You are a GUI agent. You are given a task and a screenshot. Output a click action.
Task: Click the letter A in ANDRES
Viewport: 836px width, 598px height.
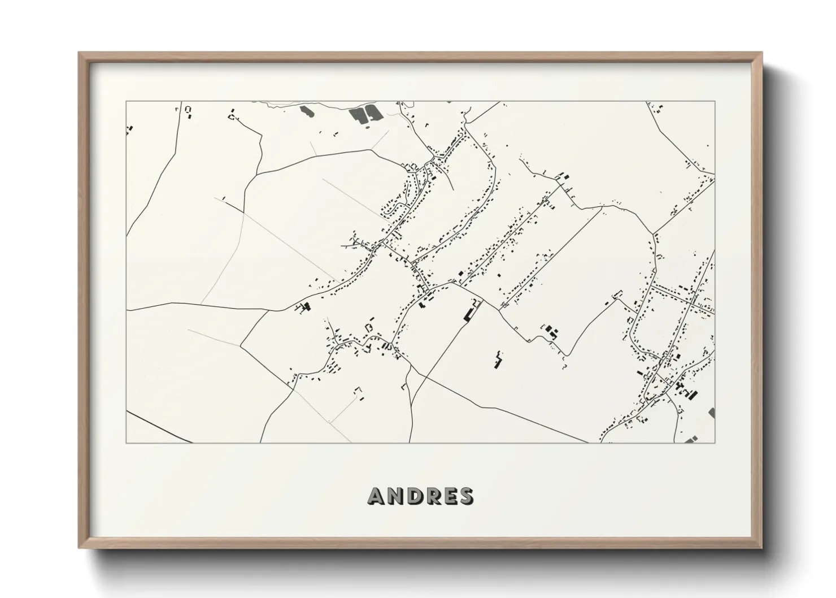377,496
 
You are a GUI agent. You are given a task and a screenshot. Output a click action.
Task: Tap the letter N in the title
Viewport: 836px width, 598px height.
397,496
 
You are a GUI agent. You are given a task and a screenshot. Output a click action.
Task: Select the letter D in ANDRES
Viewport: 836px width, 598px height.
416,496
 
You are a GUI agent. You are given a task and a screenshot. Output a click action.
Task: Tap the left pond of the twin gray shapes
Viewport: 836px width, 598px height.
358,115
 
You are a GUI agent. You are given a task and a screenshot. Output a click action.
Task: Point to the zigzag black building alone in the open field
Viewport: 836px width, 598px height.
498,361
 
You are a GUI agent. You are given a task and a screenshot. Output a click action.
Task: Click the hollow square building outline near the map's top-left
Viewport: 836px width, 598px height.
189,110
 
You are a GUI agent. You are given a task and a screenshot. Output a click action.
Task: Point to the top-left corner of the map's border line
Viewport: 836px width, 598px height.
126,102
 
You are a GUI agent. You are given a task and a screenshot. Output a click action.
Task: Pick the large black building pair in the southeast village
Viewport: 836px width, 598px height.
681,389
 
